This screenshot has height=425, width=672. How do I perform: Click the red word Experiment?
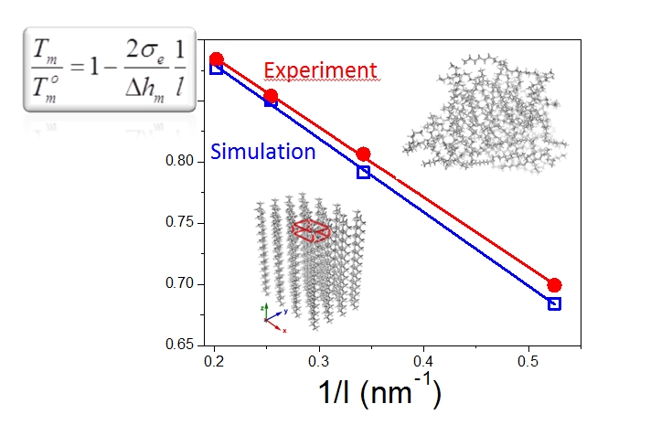coord(320,70)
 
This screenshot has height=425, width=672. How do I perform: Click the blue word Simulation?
coord(263,152)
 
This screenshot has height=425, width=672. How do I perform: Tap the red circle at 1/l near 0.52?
coord(554,285)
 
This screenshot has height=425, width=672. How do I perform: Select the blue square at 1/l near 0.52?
coord(554,303)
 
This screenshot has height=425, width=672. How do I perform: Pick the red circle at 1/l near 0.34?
coord(363,154)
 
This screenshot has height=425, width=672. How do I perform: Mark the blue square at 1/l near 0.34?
coord(363,172)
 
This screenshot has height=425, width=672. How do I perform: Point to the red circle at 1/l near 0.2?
coord(216,59)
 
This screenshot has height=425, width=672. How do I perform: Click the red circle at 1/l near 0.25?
coord(271,96)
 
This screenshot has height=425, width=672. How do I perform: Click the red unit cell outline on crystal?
coord(311,231)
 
